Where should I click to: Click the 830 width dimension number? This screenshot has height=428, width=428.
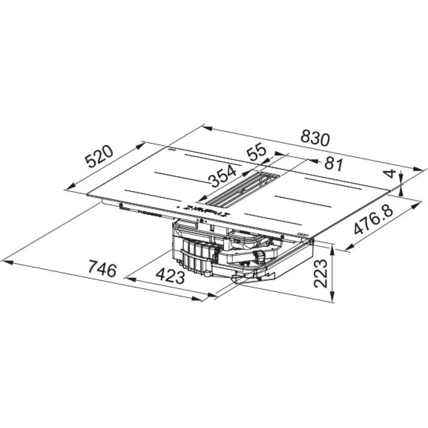click(315, 138)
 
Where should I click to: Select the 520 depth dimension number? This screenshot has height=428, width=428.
click(99, 156)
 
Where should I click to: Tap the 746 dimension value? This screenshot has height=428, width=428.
click(102, 268)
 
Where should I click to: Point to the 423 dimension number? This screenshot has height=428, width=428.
click(170, 276)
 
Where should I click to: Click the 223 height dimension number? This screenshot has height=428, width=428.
click(321, 273)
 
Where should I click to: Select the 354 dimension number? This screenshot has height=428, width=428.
click(222, 175)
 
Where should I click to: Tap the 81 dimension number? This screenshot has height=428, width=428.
click(333, 165)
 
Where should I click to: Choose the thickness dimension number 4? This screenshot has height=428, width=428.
click(391, 174)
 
